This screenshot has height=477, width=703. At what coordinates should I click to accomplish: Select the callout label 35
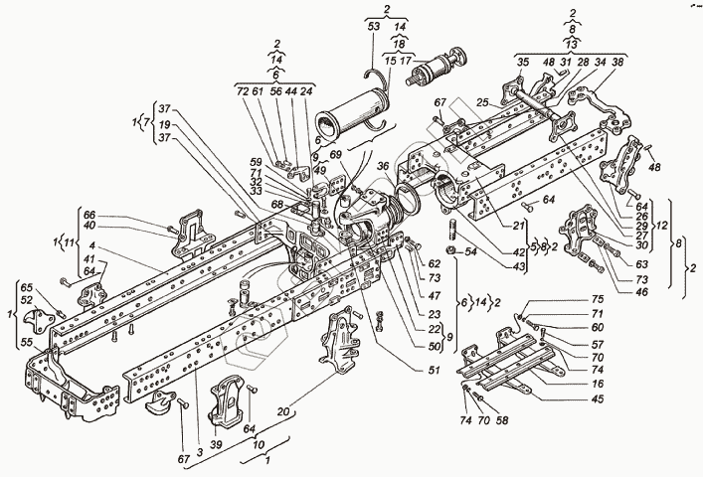(523, 63)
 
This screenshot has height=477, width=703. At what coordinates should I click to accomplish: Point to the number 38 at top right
(617, 63)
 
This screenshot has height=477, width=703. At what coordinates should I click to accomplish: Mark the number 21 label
(519, 226)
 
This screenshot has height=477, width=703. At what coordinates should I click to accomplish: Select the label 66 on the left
(89, 216)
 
